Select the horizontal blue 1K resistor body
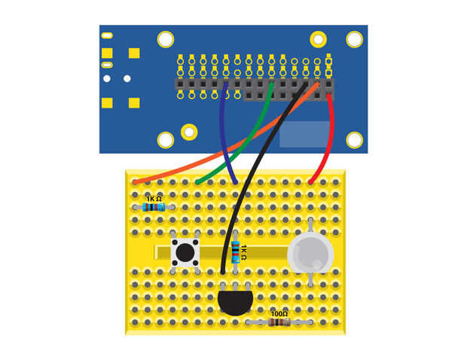(x=154, y=207)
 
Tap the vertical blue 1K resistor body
(x=237, y=252)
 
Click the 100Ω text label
(x=279, y=313)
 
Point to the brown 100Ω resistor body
(x=279, y=322)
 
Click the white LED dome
(x=310, y=252)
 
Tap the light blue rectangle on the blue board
(x=304, y=133)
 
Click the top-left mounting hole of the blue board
(x=165, y=38)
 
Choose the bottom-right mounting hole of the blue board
(x=353, y=139)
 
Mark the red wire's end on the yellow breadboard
(x=311, y=182)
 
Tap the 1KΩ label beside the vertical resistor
(x=246, y=252)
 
